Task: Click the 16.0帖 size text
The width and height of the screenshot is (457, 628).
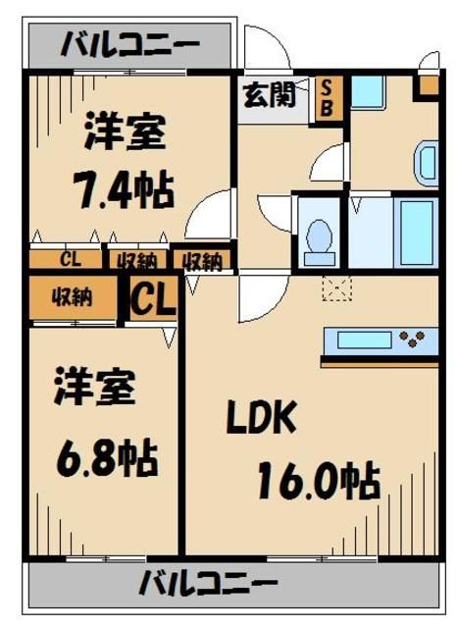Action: click(319, 480)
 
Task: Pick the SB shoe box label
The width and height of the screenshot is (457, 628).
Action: click(327, 96)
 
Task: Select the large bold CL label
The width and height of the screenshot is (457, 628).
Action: click(153, 297)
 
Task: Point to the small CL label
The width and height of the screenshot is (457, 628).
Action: click(69, 260)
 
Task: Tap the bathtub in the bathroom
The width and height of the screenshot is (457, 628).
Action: click(417, 232)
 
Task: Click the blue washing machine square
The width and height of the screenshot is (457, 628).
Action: click(368, 91)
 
